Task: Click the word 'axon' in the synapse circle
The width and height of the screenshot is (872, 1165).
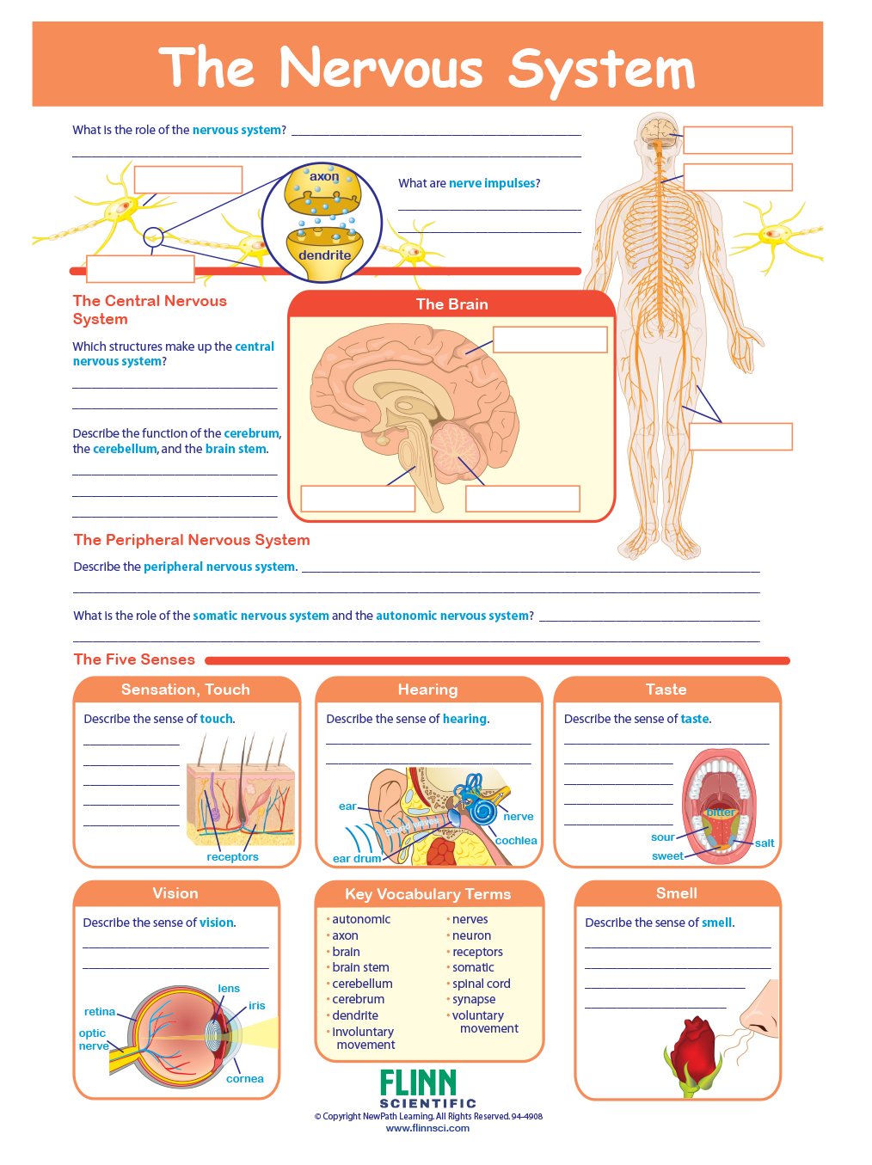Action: [x=323, y=177]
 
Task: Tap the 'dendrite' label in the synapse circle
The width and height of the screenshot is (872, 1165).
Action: [x=324, y=255]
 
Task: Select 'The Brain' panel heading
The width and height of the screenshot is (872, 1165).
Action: [x=451, y=304]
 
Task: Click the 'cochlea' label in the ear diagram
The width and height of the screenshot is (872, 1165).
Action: [x=516, y=840]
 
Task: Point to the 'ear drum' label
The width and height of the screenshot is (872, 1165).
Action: [x=357, y=858]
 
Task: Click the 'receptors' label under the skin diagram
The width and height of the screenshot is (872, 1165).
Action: [x=232, y=856]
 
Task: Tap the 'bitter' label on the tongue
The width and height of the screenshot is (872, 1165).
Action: [x=720, y=812]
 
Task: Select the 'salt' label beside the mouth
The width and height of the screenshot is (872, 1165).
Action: [x=765, y=843]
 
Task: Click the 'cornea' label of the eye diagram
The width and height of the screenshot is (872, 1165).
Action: [x=245, y=1078]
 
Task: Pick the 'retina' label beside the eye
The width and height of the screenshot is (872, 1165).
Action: [x=100, y=1012]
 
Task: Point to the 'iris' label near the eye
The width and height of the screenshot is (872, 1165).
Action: [x=257, y=1005]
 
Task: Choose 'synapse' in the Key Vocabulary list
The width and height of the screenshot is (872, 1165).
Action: [x=474, y=999]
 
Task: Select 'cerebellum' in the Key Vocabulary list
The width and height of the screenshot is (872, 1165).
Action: [x=362, y=983]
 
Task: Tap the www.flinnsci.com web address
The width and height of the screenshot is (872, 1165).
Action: [x=427, y=1128]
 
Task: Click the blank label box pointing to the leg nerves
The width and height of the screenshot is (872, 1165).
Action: [x=740, y=436]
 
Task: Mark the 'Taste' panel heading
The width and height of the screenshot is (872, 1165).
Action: [x=666, y=689]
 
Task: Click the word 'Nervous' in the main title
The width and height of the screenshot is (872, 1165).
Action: [x=381, y=68]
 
